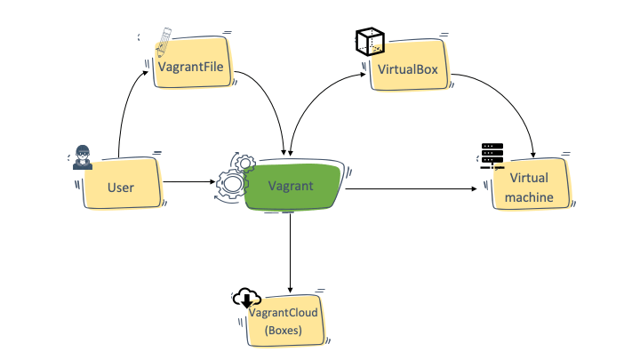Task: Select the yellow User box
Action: click(121, 186)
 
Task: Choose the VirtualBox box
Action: click(408, 70)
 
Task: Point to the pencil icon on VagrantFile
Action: click(164, 41)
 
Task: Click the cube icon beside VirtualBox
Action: click(369, 42)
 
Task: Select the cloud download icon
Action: click(246, 300)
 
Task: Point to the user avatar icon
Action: click(82, 156)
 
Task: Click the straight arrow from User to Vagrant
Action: click(188, 183)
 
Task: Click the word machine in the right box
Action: click(532, 196)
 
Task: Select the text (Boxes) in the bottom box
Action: click(282, 330)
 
